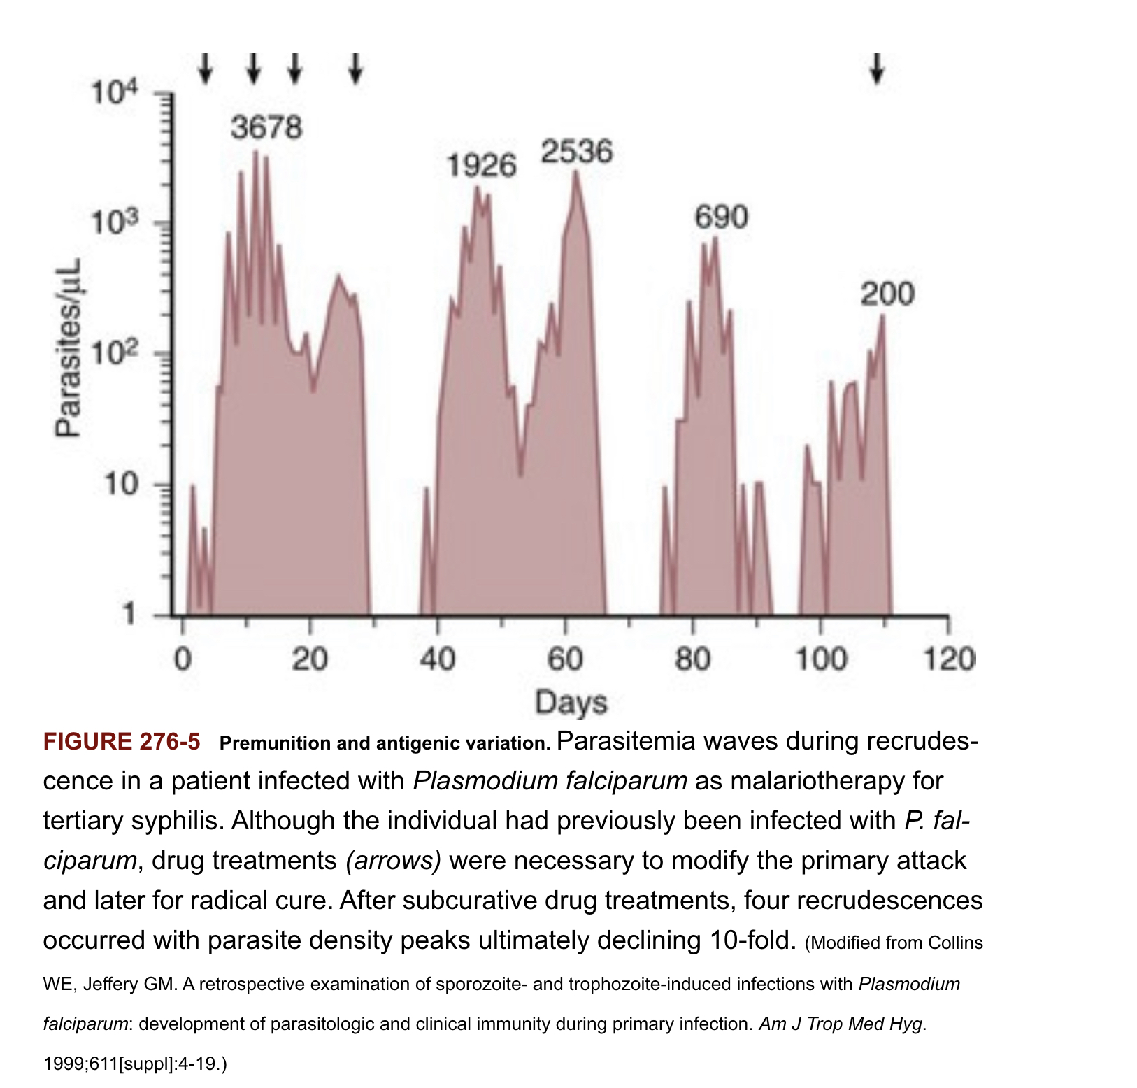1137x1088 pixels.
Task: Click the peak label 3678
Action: [x=266, y=128]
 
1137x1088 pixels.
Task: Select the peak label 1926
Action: [x=481, y=166]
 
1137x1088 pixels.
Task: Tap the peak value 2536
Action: [x=577, y=152]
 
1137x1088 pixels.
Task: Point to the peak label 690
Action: [x=721, y=217]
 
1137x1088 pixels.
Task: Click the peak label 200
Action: [x=887, y=294]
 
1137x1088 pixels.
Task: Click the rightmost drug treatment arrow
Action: [x=877, y=69]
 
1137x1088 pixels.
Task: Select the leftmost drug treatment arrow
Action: [x=205, y=69]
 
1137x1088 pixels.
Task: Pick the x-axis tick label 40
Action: [x=438, y=659]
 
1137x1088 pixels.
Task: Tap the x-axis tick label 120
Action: [x=949, y=659]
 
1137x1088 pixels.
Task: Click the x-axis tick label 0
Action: [x=183, y=659]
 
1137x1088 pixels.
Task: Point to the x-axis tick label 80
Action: [x=693, y=659]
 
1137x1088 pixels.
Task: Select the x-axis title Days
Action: [x=571, y=702]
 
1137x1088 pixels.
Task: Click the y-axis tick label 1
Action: [x=128, y=615]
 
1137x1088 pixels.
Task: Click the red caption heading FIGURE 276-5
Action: [x=122, y=742]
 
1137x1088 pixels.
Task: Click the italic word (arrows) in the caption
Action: [x=394, y=860]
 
